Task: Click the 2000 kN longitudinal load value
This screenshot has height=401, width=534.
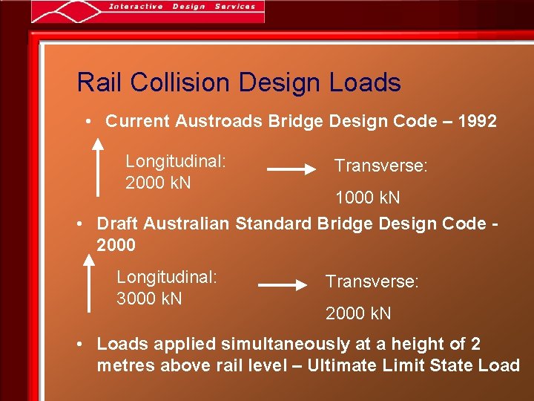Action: tap(158, 183)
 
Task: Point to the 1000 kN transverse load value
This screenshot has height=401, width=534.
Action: tap(367, 198)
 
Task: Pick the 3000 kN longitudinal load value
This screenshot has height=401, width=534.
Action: tap(149, 299)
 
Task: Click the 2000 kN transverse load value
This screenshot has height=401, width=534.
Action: tap(358, 313)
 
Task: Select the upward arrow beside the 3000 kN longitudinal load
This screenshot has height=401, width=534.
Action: tap(89, 286)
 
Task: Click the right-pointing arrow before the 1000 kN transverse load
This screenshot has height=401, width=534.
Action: tap(291, 169)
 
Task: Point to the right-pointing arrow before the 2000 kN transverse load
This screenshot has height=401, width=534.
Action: tap(283, 284)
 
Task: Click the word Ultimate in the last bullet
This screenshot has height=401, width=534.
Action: tap(343, 365)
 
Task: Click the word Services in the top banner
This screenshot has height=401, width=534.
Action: tap(234, 7)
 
